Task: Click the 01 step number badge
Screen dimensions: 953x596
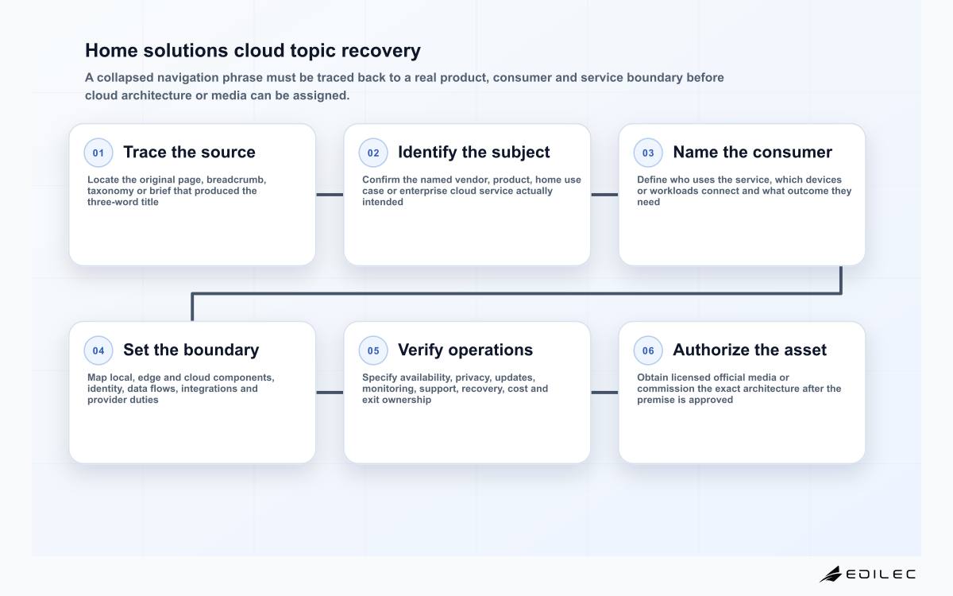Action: pos(98,153)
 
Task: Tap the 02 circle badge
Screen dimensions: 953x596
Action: pos(373,153)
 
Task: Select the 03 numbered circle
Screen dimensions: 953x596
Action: pos(648,153)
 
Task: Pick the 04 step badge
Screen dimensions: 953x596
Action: pos(98,350)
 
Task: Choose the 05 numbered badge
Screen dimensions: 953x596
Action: pos(373,350)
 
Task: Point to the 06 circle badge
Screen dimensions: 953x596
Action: pos(648,350)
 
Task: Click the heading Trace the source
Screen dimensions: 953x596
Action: pos(189,152)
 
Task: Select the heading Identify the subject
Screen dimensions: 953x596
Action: pos(474,153)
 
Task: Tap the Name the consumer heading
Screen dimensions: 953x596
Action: pos(753,152)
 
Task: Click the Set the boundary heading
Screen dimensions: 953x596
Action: pos(191,350)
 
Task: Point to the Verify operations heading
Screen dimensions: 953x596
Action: pos(465,350)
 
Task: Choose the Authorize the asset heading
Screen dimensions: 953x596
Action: pos(750,350)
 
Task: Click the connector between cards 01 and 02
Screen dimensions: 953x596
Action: pos(330,195)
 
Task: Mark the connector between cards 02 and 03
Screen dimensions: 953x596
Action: pos(604,195)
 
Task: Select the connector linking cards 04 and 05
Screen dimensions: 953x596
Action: pos(330,393)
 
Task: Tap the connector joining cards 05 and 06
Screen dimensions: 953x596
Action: pos(604,393)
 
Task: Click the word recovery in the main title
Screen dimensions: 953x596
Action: pos(380,51)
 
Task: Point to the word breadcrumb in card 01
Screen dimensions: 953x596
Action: pos(236,180)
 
